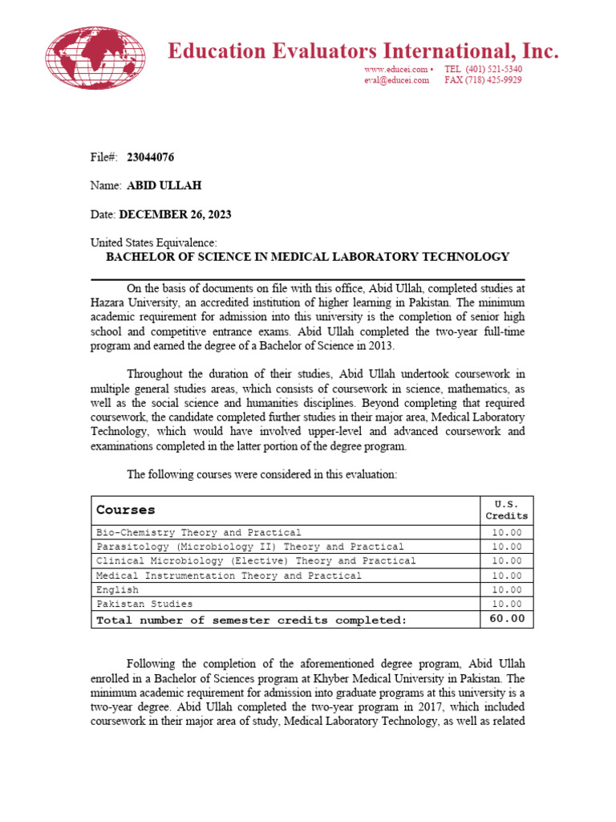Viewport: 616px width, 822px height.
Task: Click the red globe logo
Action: [95, 58]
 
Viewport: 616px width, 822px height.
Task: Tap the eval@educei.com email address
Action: [397, 80]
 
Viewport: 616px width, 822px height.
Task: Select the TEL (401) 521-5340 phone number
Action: [483, 70]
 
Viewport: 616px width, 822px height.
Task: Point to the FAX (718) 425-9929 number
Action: [483, 80]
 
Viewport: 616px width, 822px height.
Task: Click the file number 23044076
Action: [151, 157]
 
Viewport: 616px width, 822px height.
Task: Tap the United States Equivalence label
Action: [153, 243]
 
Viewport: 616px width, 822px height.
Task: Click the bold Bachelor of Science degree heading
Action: [308, 257]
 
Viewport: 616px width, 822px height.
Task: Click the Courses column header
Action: [126, 510]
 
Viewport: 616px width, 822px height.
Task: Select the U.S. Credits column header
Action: [506, 510]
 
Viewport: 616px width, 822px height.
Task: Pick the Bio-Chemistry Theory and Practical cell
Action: [199, 532]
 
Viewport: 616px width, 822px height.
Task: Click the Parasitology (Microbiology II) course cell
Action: [249, 547]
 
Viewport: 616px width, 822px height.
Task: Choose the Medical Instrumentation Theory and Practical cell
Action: [229, 576]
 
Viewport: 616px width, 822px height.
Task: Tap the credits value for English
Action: [506, 590]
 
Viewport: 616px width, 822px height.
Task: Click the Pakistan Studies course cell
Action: [144, 604]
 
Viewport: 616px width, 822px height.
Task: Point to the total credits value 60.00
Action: [506, 619]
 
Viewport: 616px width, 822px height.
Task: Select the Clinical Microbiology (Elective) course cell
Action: [256, 561]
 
